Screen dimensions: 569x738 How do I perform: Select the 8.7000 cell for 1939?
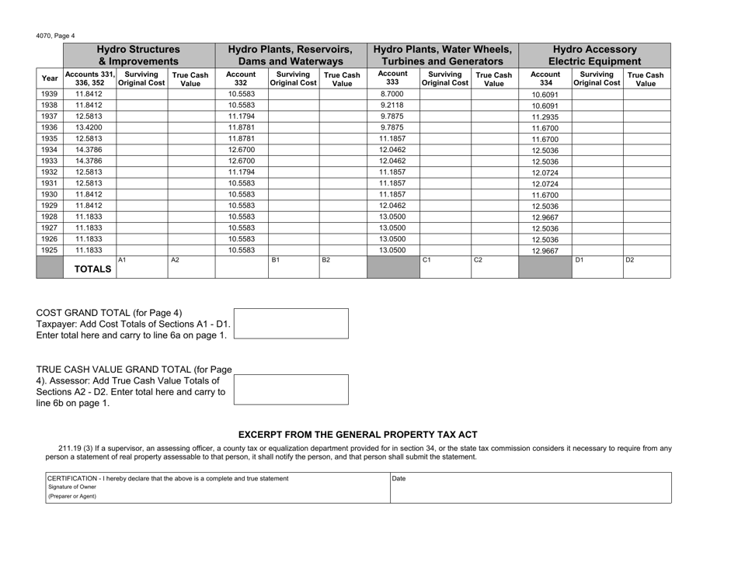click(391, 94)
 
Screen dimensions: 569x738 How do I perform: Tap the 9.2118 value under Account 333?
click(391, 108)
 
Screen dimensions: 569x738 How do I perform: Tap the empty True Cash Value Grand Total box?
click(291, 388)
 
